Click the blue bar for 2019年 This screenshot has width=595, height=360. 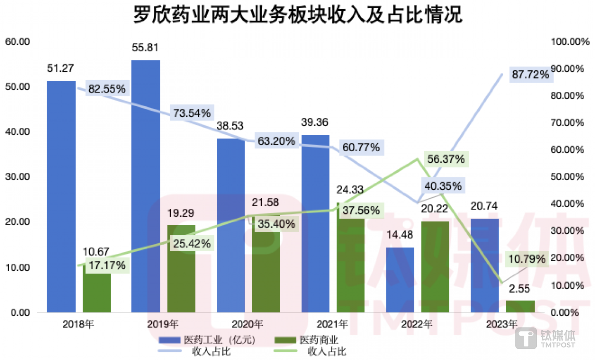[x=145, y=186]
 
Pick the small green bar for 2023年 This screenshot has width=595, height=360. [x=520, y=306]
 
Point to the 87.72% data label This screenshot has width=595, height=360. [x=531, y=75]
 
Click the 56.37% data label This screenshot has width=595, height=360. [x=446, y=159]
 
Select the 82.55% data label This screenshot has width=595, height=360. [x=107, y=89]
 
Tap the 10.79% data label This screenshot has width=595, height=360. [x=527, y=259]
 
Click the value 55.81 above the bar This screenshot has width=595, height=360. [x=145, y=48]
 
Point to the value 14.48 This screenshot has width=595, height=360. [x=400, y=235]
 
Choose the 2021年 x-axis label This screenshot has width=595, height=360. [x=332, y=324]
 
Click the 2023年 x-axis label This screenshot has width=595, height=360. [x=501, y=324]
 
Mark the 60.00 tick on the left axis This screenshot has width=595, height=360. [x=17, y=42]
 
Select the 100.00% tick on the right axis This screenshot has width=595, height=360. [x=570, y=42]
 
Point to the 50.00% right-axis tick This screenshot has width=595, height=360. [x=567, y=177]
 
